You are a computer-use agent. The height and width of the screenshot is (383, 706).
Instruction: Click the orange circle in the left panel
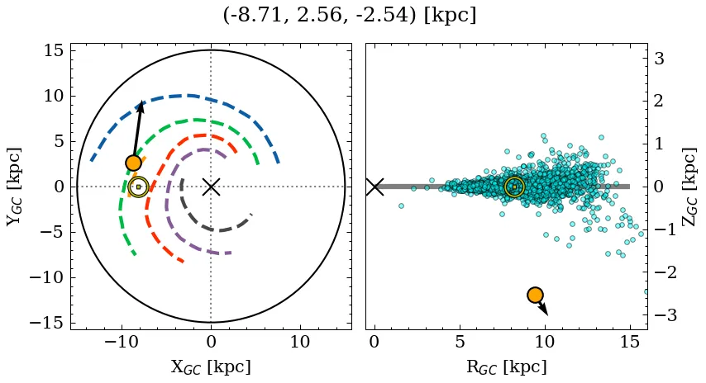tap(134, 163)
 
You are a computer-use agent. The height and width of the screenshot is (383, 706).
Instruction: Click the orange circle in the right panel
tap(535, 295)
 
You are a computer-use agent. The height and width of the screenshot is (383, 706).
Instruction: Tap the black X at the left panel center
tap(211, 187)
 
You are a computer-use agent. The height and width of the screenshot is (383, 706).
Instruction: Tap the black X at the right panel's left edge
tap(374, 187)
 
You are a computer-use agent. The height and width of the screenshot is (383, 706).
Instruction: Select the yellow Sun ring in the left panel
tap(138, 187)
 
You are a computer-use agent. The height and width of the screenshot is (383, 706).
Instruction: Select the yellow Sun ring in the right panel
tap(514, 187)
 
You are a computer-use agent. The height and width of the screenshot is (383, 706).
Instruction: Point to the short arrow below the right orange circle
tap(542, 308)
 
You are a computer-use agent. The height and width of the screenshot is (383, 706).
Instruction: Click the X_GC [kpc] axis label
tap(211, 366)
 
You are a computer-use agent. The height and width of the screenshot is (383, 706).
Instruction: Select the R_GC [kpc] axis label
tap(506, 366)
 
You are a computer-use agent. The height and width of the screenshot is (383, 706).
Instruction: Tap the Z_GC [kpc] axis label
tap(689, 187)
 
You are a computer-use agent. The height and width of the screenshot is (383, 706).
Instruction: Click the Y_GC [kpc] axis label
tap(14, 187)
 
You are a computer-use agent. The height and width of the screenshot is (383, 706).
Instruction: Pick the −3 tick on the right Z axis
tap(666, 315)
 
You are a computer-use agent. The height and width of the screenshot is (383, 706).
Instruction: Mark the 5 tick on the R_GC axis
tap(460, 342)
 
